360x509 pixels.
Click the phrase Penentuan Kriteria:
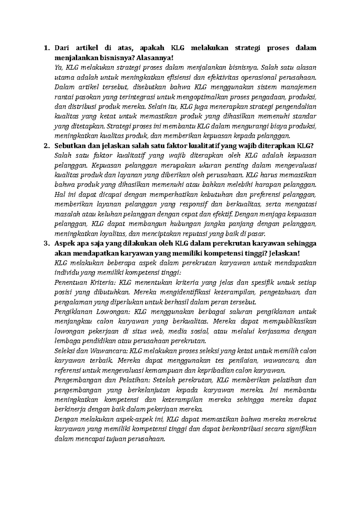[85, 283]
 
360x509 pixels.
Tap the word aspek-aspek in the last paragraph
[133, 419]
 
